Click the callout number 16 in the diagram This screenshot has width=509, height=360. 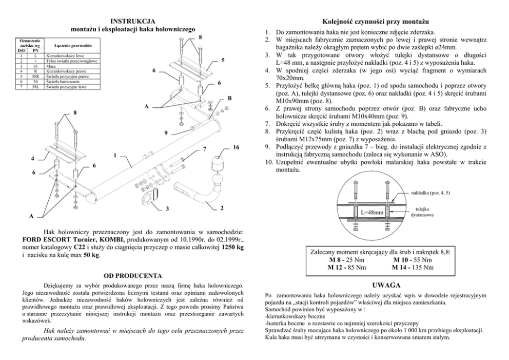(x=236, y=147)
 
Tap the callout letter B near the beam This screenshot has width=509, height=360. (x=229, y=98)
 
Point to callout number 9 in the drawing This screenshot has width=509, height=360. (x=166, y=134)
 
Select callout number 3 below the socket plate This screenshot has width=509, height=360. (x=167, y=209)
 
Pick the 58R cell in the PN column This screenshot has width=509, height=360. (x=35, y=76)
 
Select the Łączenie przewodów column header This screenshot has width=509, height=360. (x=73, y=46)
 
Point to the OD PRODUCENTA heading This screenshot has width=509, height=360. (x=133, y=275)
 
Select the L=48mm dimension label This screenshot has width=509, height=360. (x=372, y=212)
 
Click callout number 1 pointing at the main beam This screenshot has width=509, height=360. (x=115, y=155)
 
